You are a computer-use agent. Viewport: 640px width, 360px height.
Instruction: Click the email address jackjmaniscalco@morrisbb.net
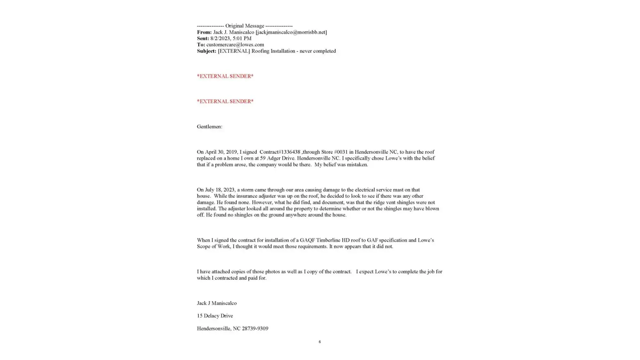point(291,32)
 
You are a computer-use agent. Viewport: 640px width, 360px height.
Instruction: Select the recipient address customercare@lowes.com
point(235,45)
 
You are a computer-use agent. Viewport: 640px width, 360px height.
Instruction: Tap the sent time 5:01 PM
point(242,38)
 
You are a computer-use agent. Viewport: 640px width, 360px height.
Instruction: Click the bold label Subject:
point(206,51)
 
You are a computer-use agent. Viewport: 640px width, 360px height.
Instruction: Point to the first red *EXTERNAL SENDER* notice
point(225,76)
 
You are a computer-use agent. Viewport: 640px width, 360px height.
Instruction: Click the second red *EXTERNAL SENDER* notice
point(225,102)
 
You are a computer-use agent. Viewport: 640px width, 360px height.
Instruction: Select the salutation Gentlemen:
point(209,127)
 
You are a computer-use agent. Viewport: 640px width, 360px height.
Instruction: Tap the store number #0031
point(341,152)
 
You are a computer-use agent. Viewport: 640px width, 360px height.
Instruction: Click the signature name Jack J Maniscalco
point(217,303)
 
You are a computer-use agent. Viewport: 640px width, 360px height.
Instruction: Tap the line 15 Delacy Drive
point(215,316)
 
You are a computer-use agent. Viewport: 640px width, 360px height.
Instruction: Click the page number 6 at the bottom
point(320,342)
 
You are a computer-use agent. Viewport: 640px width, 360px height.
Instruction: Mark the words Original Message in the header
point(244,26)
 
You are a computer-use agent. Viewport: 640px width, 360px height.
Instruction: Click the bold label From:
point(204,32)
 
